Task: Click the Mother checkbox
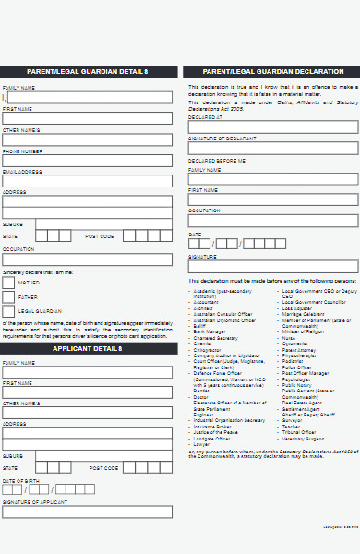click(8, 283)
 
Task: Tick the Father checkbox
click(8, 297)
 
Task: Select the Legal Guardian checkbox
click(8, 311)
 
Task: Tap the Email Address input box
click(87, 180)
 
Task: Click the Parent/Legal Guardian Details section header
click(88, 71)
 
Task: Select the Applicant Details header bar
click(88, 348)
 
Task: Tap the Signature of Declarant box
click(273, 149)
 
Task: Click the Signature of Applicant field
click(87, 512)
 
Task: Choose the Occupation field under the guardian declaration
click(273, 221)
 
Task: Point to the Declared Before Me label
click(217, 160)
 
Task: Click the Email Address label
click(21, 171)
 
